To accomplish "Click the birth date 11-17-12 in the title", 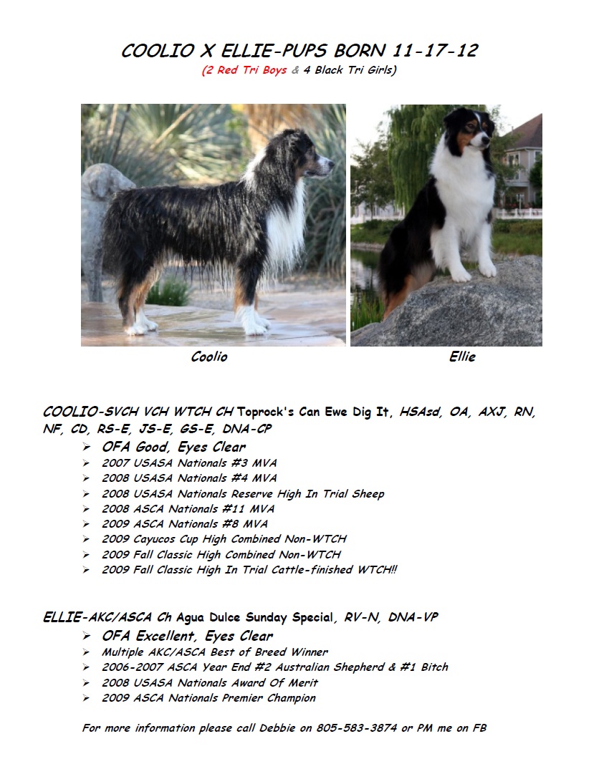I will click(x=436, y=52).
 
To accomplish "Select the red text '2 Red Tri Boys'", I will click(x=244, y=71).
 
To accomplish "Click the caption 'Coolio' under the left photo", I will click(x=209, y=357).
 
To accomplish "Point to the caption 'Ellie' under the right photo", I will click(x=462, y=357).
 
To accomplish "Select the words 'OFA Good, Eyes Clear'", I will click(x=173, y=448).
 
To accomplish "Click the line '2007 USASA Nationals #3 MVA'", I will click(x=189, y=463).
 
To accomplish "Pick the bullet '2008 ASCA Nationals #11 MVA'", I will click(x=188, y=509).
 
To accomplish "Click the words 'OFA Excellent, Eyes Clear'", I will click(x=187, y=636).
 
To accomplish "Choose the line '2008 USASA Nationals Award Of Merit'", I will click(x=210, y=682).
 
